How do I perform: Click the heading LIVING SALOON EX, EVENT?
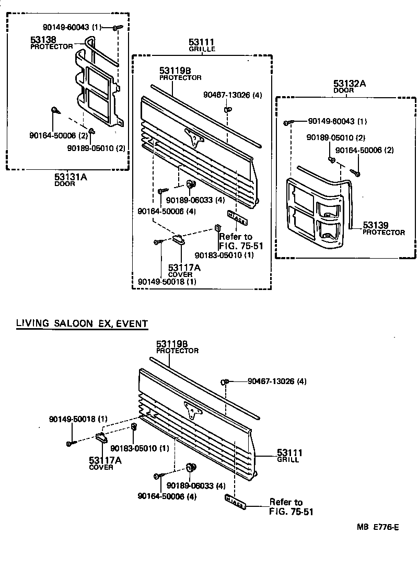click(x=82, y=323)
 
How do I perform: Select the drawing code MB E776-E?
click(x=378, y=528)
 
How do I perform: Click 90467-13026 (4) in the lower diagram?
click(x=277, y=381)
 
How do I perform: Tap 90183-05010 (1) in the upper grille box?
click(x=224, y=256)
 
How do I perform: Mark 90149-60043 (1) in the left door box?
click(x=73, y=27)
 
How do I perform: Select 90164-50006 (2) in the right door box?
click(x=364, y=150)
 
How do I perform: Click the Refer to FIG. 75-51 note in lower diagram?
click(x=291, y=507)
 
